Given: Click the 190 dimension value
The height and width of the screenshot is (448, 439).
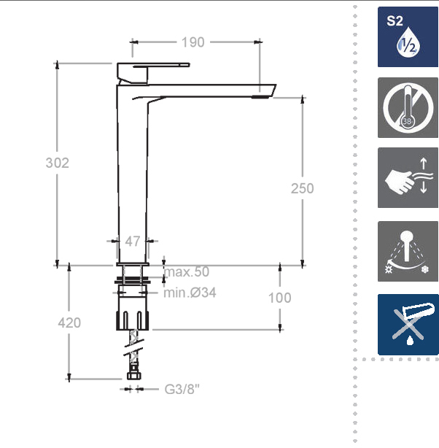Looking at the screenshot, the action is point(193,42).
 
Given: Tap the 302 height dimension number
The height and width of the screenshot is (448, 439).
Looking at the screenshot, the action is point(58,163).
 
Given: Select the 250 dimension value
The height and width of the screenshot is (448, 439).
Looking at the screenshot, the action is point(303,188).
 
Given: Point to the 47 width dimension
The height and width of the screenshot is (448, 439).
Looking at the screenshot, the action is point(133,242).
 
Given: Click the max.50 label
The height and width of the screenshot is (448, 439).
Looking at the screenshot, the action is point(187,271).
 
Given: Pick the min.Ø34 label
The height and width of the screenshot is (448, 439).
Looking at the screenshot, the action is point(190,293).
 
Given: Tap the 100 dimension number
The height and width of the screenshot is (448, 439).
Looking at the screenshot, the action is point(280,298).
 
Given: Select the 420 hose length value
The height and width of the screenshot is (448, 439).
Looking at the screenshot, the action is point(69,323).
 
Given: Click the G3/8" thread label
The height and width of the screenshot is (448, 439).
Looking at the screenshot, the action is point(182,389).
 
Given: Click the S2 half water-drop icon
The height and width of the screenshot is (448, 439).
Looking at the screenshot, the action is point(408,37).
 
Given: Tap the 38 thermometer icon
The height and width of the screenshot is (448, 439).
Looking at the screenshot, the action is point(408,107).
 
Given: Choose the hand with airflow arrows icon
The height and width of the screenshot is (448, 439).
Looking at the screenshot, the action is point(408,178).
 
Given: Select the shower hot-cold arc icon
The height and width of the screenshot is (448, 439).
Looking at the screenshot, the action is point(408,251).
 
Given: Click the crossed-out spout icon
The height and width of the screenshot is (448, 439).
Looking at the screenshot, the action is point(408,325).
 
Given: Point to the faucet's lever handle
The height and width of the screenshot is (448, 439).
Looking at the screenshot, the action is point(153,73).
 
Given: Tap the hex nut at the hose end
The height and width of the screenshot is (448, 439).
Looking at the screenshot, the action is point(133,374).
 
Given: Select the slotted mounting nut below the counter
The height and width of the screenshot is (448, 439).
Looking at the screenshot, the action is point(133,320).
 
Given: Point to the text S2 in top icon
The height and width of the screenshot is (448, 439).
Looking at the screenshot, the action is point(395,21).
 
